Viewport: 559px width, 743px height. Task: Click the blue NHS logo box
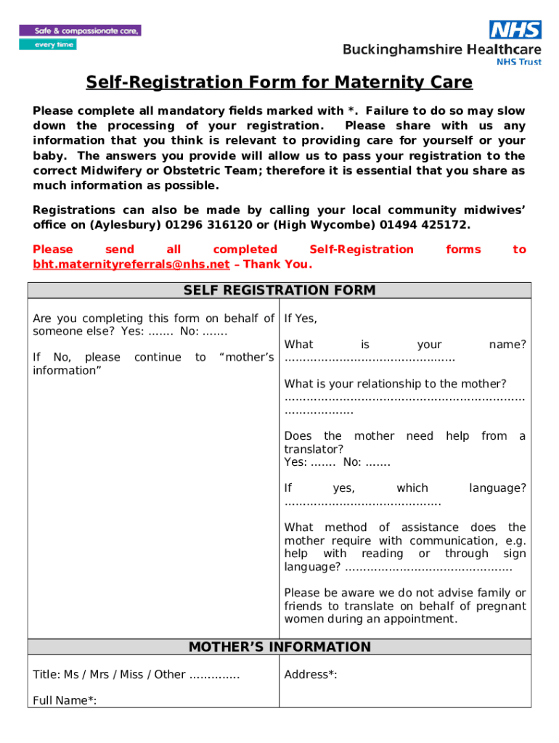(515, 29)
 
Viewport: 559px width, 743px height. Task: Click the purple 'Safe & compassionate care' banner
(80, 31)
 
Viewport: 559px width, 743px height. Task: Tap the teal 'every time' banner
(47, 44)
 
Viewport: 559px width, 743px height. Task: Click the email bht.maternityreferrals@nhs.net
(131, 264)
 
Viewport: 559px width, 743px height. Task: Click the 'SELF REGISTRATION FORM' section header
(279, 291)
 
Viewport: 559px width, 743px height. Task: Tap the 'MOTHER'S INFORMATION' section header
(279, 647)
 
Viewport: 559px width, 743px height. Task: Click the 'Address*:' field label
(311, 675)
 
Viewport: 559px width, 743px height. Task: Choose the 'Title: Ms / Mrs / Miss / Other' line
(109, 675)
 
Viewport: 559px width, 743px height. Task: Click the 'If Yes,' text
(301, 319)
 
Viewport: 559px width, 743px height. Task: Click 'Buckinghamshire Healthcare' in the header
(442, 49)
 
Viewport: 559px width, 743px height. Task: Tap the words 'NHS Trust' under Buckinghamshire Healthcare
(518, 62)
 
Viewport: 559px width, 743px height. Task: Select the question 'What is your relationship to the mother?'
(395, 384)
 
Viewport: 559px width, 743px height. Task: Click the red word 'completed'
(245, 250)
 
